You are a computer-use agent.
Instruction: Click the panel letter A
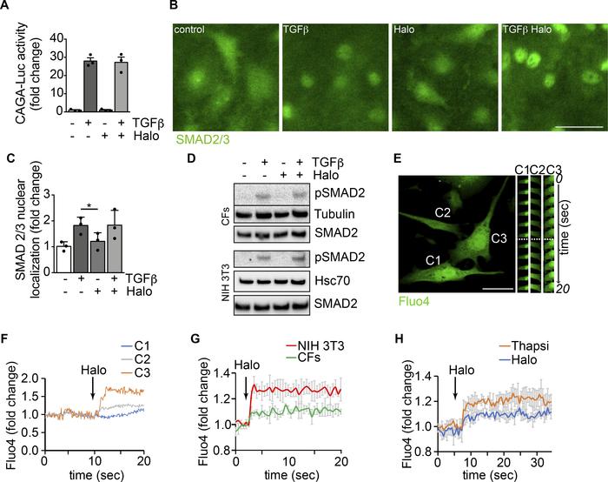7,8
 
